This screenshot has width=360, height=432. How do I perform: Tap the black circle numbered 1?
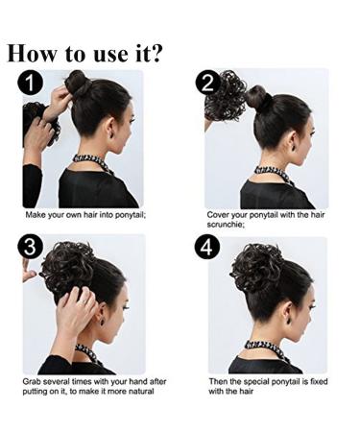[33, 84]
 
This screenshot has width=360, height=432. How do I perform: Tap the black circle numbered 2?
[208, 84]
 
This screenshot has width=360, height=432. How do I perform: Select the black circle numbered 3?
[32, 248]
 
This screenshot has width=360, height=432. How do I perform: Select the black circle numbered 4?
[208, 248]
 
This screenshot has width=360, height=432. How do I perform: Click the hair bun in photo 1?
[77, 84]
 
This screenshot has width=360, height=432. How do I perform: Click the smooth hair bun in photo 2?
[257, 96]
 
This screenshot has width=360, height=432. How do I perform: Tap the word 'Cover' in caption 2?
[221, 215]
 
